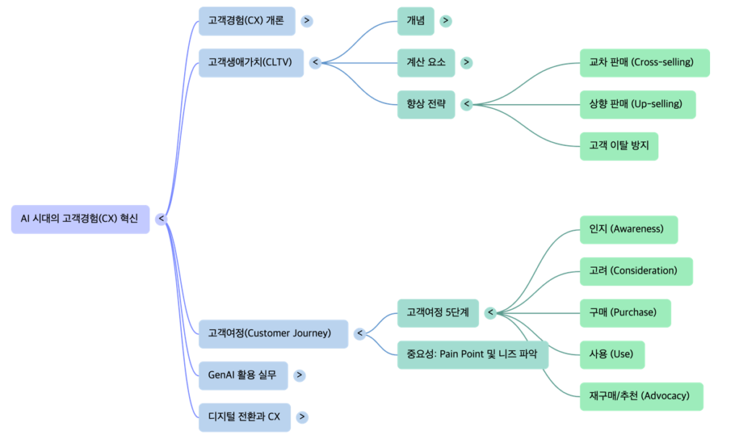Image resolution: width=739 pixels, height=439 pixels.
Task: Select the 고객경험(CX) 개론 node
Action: click(x=246, y=21)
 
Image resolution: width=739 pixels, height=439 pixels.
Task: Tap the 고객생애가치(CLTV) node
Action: click(x=250, y=62)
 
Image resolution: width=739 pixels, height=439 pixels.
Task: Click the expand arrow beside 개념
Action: click(x=446, y=21)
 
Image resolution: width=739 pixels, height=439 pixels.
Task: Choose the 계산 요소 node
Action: click(x=426, y=63)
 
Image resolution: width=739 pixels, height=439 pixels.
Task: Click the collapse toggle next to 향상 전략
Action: click(x=467, y=105)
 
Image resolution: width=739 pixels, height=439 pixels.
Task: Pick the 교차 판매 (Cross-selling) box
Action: click(x=644, y=63)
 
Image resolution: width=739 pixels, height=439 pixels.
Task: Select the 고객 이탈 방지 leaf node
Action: click(x=619, y=146)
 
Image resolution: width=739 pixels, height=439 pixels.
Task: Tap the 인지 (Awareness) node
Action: click(x=629, y=230)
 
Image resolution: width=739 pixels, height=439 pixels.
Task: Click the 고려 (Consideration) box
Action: click(x=636, y=271)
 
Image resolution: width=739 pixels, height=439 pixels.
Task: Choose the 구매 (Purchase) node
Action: click(x=626, y=313)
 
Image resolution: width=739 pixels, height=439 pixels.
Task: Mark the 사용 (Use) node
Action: click(x=612, y=355)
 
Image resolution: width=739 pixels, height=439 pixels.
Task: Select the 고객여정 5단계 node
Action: click(x=437, y=313)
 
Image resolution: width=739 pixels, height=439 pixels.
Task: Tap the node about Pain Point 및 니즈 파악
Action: click(x=473, y=355)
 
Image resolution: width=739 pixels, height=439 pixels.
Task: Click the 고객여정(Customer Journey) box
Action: click(x=274, y=334)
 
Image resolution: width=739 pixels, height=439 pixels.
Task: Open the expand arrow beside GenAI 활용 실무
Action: click(x=299, y=375)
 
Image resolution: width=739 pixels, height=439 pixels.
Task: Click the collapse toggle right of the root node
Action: click(x=162, y=219)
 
